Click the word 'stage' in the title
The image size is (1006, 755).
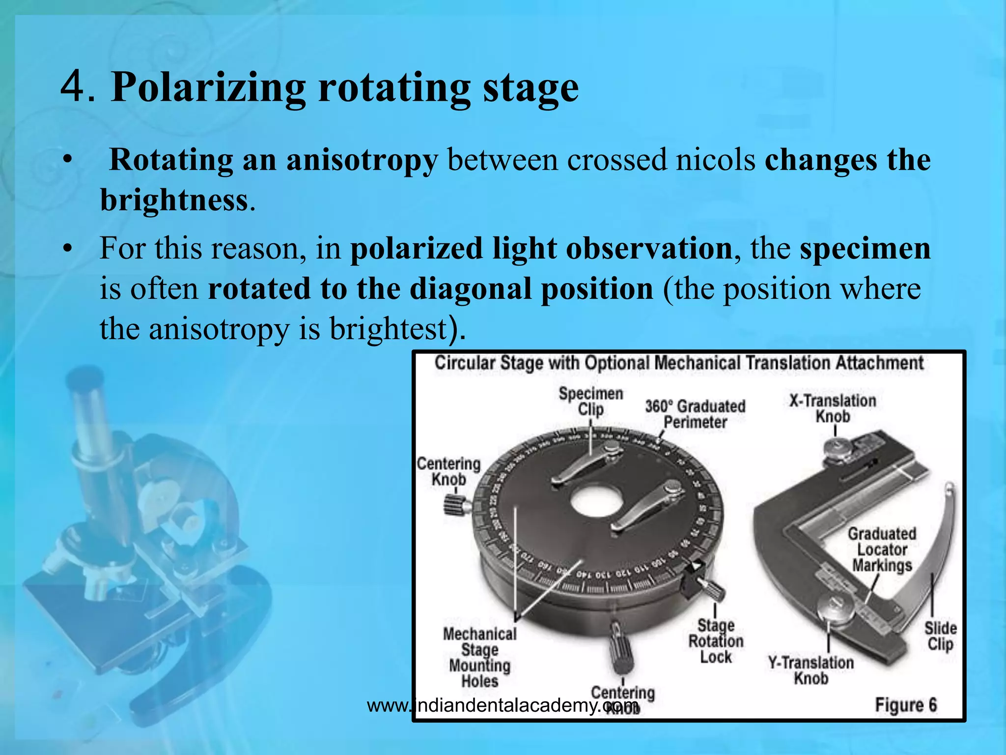click(531, 88)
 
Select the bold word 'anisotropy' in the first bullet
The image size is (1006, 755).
click(362, 160)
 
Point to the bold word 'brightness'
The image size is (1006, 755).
click(174, 201)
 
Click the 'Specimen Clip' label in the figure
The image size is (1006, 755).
click(590, 402)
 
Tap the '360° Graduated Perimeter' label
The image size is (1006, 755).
click(695, 414)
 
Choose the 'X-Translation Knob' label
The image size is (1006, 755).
click(833, 408)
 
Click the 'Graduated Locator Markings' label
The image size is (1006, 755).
click(882, 549)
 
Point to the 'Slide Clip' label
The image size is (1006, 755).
click(940, 636)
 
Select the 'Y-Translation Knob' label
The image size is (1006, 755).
click(811, 670)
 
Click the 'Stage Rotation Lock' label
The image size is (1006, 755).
click(716, 641)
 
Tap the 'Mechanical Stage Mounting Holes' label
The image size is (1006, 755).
click(479, 657)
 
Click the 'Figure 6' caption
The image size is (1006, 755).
click(905, 705)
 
